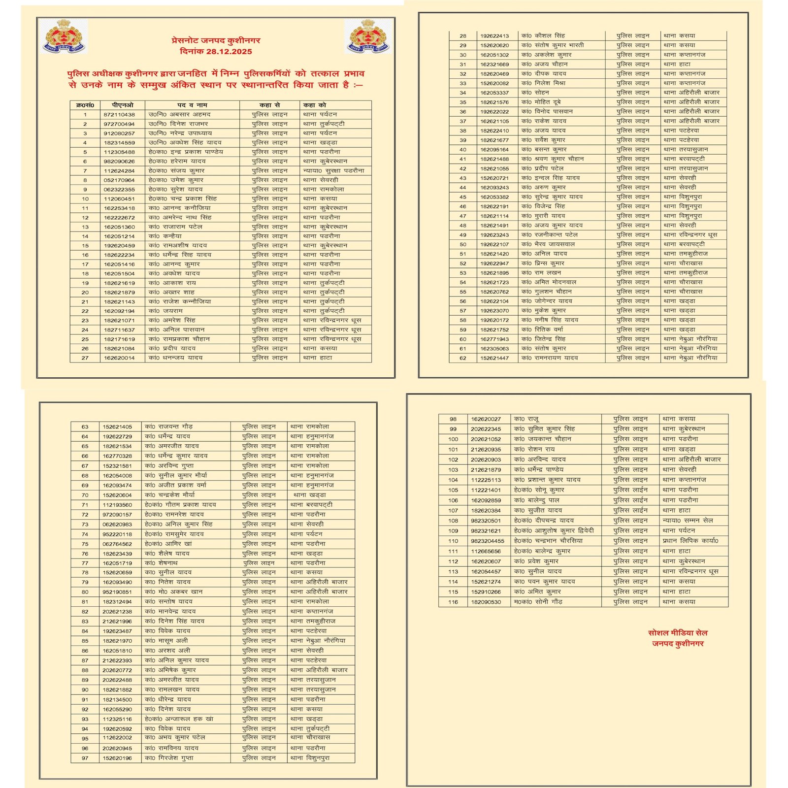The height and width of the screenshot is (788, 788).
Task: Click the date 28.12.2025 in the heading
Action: (229, 52)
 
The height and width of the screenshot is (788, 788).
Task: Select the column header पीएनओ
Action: (122, 105)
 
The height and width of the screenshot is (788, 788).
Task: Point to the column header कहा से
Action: (269, 105)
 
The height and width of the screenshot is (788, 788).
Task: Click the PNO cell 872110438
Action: (119, 114)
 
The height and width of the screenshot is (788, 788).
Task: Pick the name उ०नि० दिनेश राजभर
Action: (178, 124)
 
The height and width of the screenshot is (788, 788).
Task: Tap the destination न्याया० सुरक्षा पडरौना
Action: (334, 170)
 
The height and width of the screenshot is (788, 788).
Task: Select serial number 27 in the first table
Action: (85, 358)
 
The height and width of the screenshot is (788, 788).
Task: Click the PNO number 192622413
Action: (494, 36)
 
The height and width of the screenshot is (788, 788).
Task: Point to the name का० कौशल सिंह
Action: (543, 36)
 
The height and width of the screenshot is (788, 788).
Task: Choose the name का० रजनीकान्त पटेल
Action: (550, 235)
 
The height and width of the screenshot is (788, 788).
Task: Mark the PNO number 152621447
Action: (494, 358)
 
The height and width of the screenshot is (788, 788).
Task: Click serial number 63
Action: (85, 427)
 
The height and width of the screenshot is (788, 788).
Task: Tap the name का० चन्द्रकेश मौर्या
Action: (170, 495)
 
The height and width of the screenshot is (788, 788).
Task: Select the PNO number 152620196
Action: (117, 758)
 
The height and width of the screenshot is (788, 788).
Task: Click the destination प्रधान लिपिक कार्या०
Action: (690, 541)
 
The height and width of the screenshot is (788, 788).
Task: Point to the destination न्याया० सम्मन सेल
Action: (688, 521)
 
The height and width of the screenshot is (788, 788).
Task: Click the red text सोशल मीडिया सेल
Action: (678, 633)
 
